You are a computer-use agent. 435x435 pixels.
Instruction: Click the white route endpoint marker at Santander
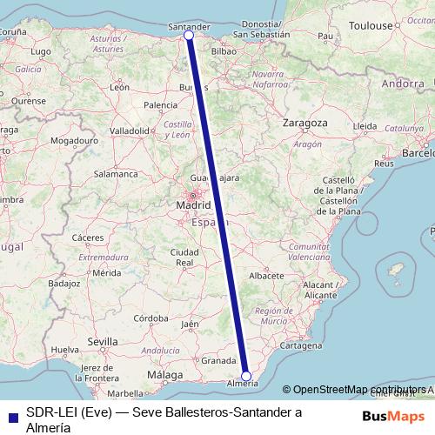[189, 36]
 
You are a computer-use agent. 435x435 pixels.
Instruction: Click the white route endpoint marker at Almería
[246, 376]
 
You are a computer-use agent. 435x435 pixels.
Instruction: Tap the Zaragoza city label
[304, 124]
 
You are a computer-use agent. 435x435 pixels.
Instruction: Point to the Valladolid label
[130, 130]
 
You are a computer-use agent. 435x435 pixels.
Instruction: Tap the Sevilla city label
[108, 343]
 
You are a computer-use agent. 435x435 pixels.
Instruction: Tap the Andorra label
[402, 84]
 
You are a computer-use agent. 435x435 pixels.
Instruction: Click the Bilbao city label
[224, 51]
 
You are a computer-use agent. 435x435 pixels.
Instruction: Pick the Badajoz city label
[64, 284]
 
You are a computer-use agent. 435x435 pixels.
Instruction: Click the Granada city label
[217, 359]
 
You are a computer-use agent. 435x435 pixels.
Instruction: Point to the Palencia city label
[160, 105]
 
